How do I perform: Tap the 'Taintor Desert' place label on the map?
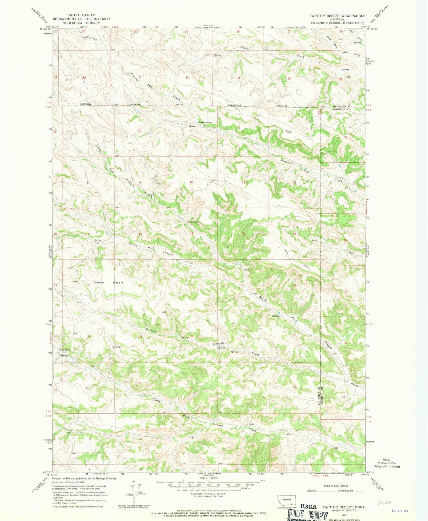(108, 282)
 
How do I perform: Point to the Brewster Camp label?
(205, 122)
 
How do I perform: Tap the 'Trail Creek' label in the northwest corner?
(89, 38)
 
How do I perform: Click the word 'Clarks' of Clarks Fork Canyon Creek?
(132, 244)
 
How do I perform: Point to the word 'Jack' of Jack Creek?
(314, 240)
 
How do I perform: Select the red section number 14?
(243, 233)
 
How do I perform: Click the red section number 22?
(192, 285)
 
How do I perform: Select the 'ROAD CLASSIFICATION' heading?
(336, 486)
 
